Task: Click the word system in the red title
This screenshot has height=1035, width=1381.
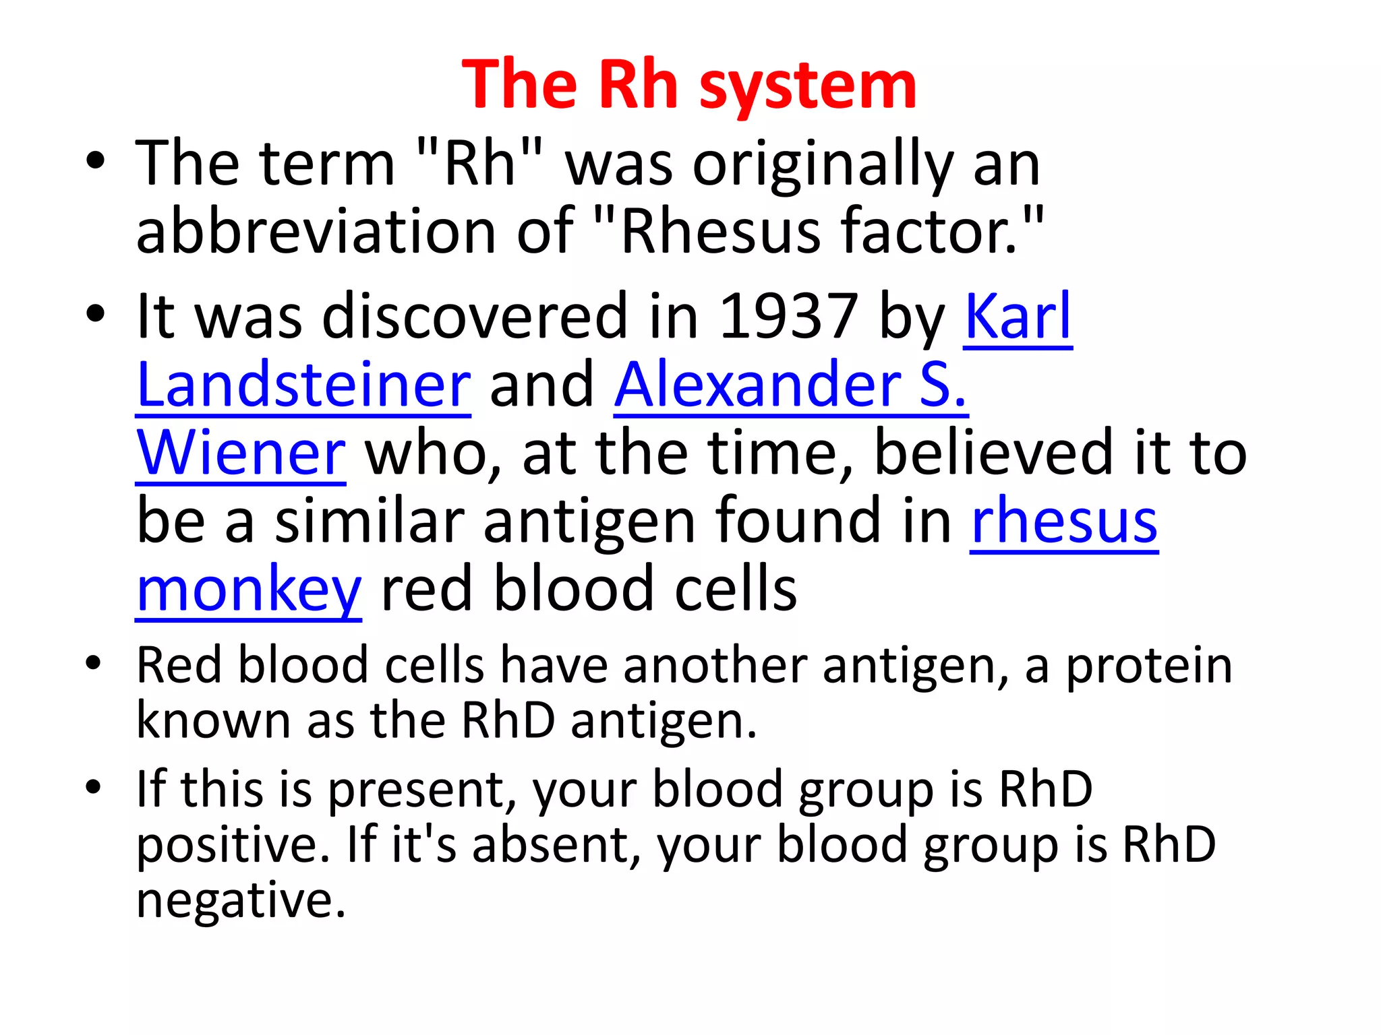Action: coord(808,86)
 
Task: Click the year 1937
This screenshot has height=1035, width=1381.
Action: coord(789,317)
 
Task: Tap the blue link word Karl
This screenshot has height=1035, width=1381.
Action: coord(1018,317)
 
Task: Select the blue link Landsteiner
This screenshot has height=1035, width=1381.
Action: coord(303,385)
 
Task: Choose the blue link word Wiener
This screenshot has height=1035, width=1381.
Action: coord(241,453)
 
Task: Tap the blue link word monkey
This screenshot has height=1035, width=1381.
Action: coord(249,590)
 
